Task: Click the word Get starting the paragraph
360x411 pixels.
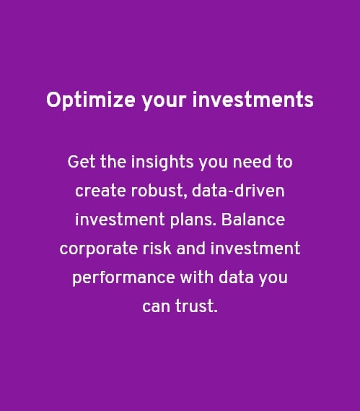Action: [x=81, y=162]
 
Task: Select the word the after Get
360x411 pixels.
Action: [x=113, y=162]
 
